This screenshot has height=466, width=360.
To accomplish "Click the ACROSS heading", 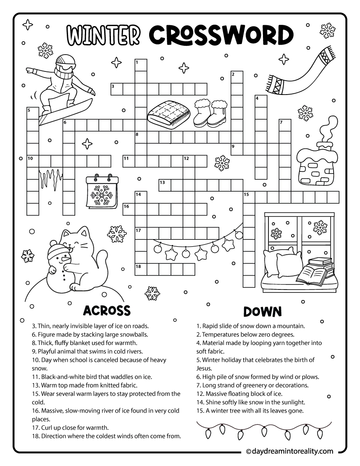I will pos(107,311).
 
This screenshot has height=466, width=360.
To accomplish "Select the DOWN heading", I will pos(262,311).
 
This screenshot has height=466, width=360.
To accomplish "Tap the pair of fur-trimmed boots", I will pos(210,113).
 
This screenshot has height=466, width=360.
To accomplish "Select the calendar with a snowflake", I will pos(100,192).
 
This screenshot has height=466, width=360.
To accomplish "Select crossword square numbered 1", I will pos(140,65).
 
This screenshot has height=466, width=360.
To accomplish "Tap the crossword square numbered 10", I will pos(33,161).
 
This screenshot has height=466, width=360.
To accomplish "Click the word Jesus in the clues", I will pos(204,368).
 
